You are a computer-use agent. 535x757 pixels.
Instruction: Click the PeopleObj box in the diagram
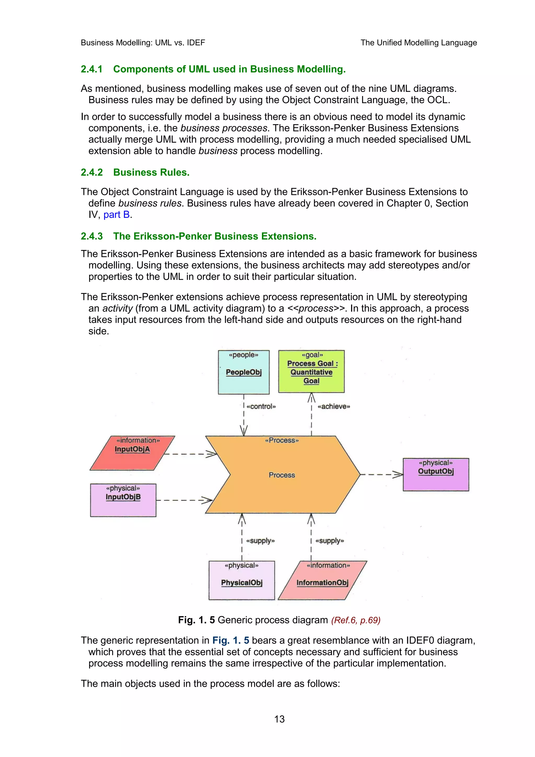coord(244,372)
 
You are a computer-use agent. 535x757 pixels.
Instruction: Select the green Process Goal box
coord(311,371)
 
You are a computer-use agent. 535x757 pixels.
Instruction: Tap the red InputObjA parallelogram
coord(132,453)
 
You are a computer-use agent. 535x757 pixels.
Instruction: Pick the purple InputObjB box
coord(123,500)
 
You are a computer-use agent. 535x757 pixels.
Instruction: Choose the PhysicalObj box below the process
coord(241,580)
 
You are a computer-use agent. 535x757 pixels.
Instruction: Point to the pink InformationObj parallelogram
coord(322,580)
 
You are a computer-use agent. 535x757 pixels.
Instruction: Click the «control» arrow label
coord(261,406)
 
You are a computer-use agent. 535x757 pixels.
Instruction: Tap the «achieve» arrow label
coord(334,406)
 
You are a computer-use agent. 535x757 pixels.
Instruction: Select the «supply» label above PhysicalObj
coord(260,541)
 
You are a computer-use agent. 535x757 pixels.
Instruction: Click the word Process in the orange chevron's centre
coord(282,475)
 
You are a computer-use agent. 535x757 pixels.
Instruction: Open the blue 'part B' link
coord(116,215)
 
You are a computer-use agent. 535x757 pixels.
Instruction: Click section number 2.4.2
coord(92,172)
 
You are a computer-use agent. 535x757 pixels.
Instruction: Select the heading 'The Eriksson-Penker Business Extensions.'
coord(214,236)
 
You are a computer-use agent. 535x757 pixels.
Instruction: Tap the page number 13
coord(279,719)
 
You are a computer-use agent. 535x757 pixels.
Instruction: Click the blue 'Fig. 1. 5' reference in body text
coord(230,640)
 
